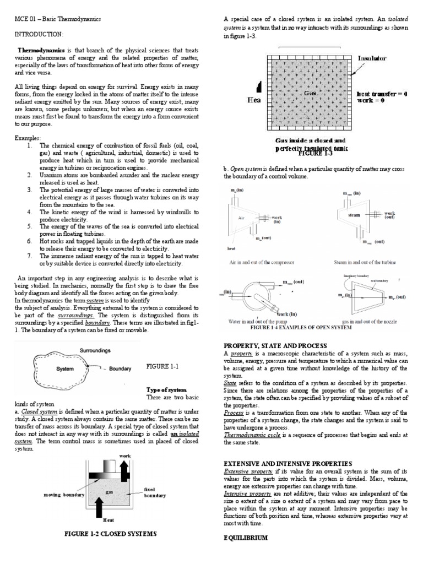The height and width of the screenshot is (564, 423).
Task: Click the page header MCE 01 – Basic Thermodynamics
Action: click(x=50, y=19)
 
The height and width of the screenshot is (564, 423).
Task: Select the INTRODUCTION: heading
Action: click(x=37, y=34)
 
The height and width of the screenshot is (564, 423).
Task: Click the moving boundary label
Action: click(x=64, y=495)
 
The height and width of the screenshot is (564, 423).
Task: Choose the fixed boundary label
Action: click(x=154, y=492)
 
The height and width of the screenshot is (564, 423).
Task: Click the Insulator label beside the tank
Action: click(x=372, y=58)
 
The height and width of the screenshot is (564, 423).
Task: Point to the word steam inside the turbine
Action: click(x=354, y=215)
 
